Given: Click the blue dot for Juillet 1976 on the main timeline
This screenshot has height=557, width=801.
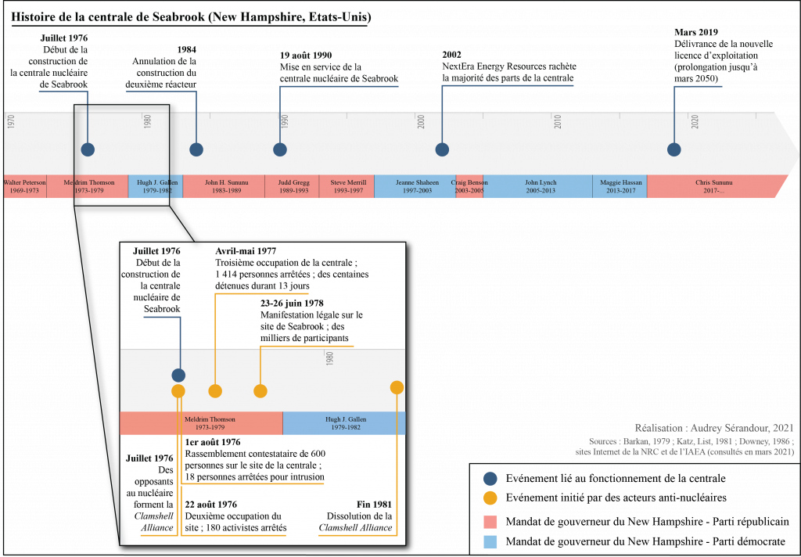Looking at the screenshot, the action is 88,149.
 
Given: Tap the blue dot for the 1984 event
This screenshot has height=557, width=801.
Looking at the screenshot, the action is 196,149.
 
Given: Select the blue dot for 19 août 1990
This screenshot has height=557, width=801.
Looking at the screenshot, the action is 280,149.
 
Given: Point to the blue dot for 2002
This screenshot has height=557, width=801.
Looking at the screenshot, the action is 442,149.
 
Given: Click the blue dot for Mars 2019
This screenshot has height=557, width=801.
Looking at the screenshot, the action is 674,149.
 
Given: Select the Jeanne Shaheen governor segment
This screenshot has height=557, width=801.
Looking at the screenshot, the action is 415,186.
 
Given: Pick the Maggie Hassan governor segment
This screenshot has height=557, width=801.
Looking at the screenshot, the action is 620,186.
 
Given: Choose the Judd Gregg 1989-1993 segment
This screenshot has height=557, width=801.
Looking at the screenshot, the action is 292,186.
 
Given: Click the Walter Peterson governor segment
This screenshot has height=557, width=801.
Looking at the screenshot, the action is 25,186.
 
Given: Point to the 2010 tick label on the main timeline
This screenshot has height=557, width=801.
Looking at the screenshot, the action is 558,121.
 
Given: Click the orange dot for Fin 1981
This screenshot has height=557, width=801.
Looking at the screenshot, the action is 397,387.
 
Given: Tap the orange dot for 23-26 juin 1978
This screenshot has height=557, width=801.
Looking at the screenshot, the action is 260,391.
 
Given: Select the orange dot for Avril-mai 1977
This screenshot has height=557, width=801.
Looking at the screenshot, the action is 215,391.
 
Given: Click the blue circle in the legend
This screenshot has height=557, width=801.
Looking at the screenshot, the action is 490,478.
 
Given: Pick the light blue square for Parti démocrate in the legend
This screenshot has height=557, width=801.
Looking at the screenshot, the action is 490,541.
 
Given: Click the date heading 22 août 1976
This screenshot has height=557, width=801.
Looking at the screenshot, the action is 211,505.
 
